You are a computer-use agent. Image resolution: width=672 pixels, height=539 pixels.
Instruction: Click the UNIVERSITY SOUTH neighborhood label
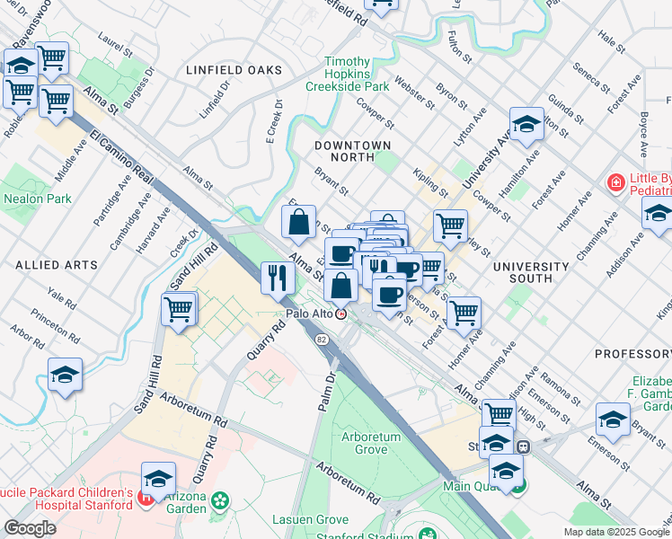click(x=530, y=272)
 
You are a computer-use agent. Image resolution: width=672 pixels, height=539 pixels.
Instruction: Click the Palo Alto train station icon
click(x=341, y=314)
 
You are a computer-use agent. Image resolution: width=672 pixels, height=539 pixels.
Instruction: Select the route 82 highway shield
click(x=321, y=339)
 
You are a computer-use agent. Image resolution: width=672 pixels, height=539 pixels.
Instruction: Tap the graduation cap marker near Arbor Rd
click(x=65, y=375)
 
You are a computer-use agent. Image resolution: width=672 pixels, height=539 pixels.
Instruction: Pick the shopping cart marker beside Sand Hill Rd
click(x=179, y=309)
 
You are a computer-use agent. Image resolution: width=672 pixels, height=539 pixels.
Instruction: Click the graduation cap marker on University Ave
click(x=527, y=123)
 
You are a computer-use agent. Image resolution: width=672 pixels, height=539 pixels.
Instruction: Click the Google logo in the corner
click(x=30, y=528)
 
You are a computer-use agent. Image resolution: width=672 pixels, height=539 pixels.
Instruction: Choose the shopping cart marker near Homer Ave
click(x=464, y=314)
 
